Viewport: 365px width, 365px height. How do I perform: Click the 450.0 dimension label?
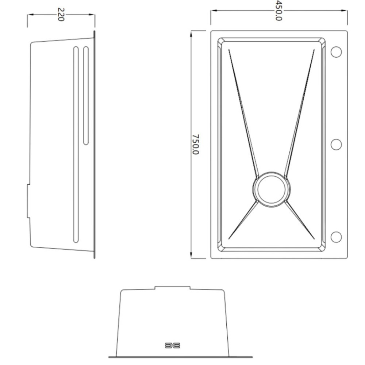click(278, 11)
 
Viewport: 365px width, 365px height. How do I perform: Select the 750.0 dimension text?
click(196, 144)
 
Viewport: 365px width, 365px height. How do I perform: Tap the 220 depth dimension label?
click(61, 15)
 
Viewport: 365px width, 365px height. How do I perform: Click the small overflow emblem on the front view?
click(173, 345)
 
